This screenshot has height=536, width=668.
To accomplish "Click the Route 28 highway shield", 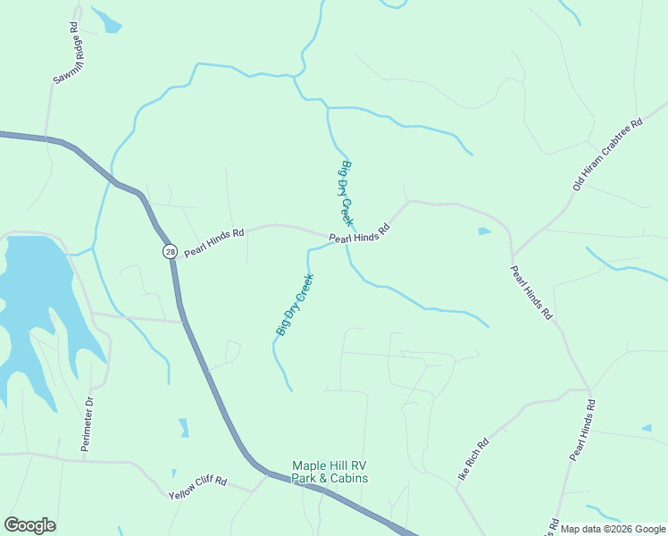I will click(170, 252).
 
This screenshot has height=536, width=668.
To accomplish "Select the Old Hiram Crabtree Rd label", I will click(608, 155).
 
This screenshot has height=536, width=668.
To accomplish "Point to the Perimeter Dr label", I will click(88, 423).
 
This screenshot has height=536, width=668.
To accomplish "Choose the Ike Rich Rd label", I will click(473, 459).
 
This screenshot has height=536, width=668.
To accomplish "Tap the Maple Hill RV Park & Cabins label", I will click(330, 472).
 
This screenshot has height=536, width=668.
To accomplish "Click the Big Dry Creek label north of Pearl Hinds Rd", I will click(347, 193).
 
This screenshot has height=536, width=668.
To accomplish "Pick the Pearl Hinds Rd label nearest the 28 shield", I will click(214, 243).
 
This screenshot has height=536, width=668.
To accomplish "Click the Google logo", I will click(29, 525).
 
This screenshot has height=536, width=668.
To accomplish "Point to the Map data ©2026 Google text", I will click(612, 529).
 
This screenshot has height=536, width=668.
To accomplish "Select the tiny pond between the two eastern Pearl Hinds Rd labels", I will click(484, 231).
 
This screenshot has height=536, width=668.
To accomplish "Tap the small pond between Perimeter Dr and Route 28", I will click(183, 428).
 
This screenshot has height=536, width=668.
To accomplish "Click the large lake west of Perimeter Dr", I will click(31, 286).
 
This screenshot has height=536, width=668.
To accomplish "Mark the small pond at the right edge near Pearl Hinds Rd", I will click(646, 429).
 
